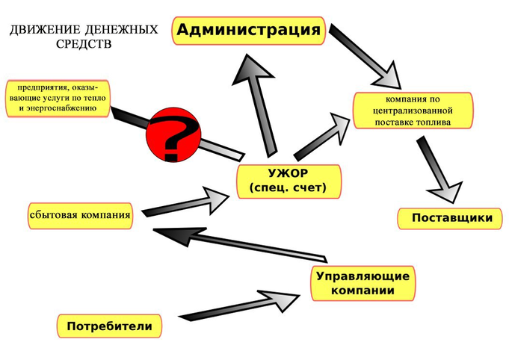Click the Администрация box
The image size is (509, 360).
pyautogui.click(x=249, y=31)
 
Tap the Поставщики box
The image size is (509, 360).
pyautogui.click(x=447, y=217)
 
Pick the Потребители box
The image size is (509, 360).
pyautogui.click(x=109, y=326)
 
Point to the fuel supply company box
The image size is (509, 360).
pyautogui.click(x=413, y=110)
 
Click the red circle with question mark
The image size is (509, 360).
pyautogui.click(x=173, y=134)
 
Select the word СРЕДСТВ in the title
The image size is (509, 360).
pyautogui.click(x=83, y=43)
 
